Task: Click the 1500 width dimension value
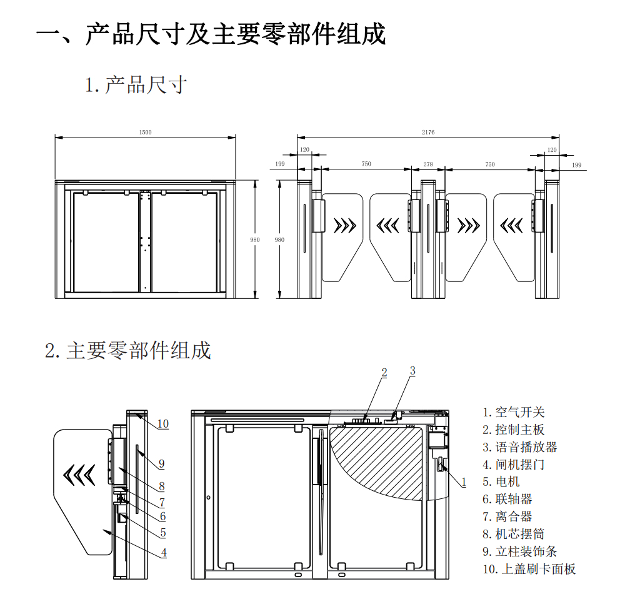(x=146, y=133)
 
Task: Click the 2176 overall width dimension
(x=428, y=133)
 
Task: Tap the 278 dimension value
(x=428, y=164)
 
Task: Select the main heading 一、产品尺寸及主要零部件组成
(x=211, y=34)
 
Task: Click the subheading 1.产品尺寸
(x=136, y=84)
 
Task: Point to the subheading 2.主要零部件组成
(x=128, y=350)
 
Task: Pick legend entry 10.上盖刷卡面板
(x=529, y=569)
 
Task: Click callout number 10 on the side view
(x=162, y=423)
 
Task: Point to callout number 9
(x=161, y=463)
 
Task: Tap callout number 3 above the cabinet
(x=412, y=371)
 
